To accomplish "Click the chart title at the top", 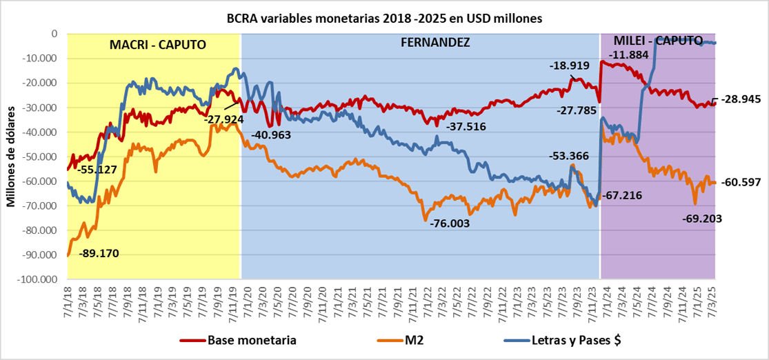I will (x=384, y=19).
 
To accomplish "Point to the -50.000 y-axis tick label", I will (x=42, y=157).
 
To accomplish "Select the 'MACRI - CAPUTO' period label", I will (x=158, y=45).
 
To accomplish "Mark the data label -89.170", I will (x=99, y=253).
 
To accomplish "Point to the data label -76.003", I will (x=449, y=224).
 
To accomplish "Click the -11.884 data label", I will (x=628, y=54).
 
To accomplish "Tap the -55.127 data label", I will (x=97, y=169).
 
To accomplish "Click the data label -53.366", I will (x=569, y=156).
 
